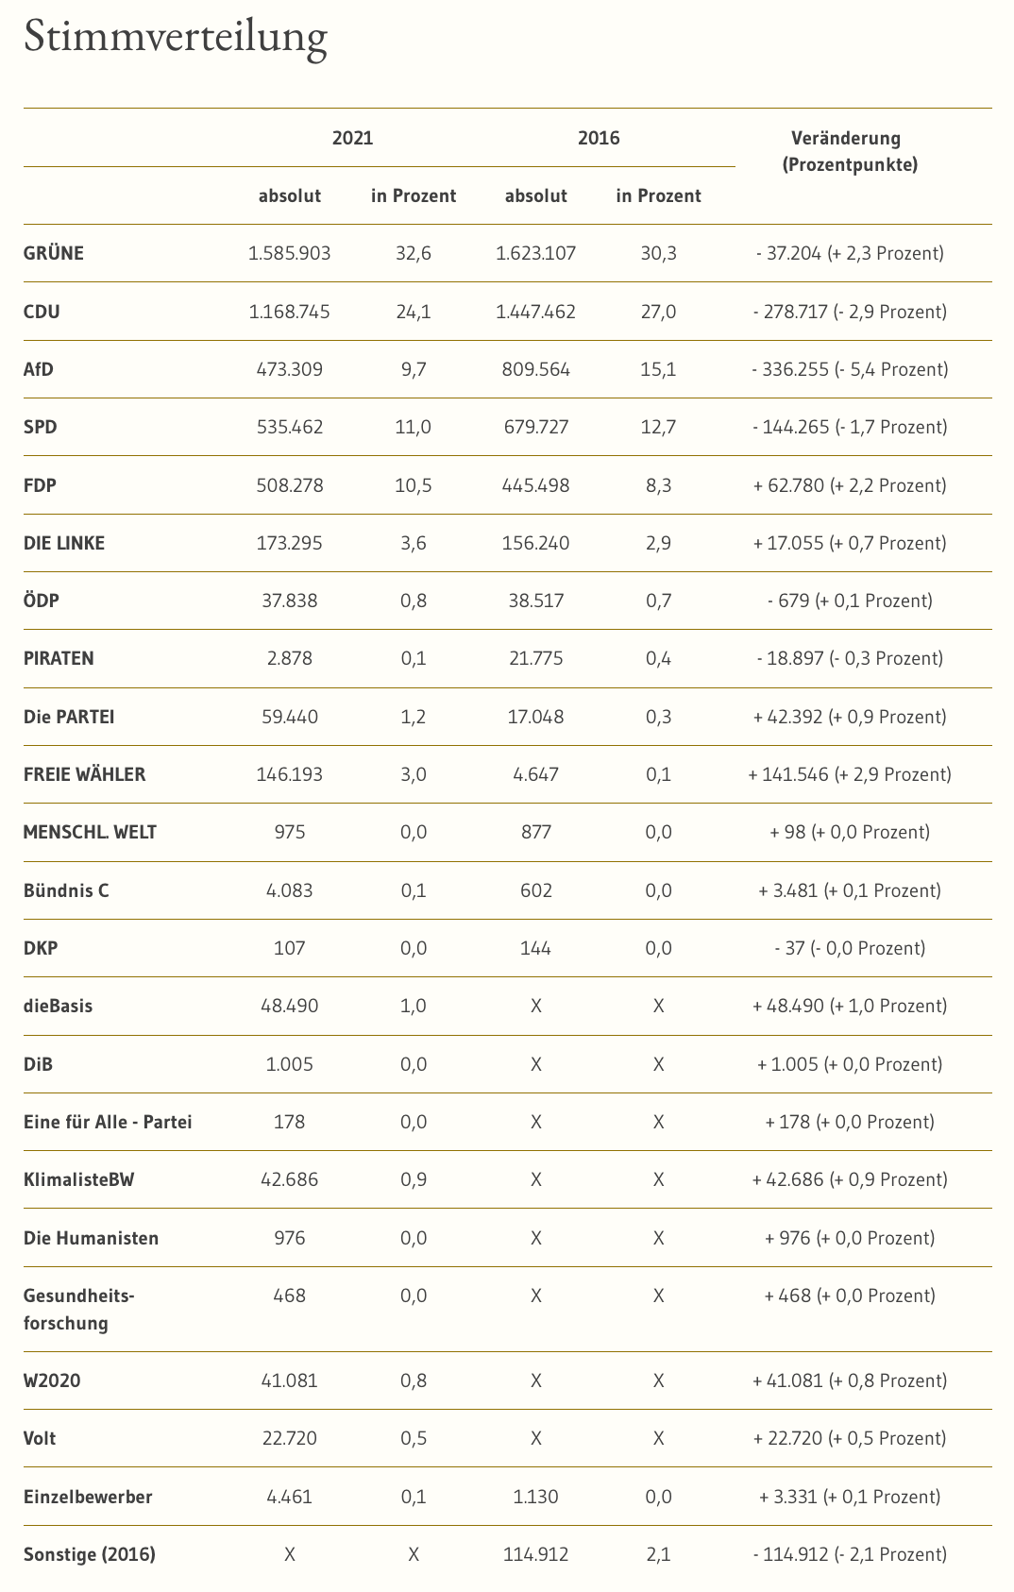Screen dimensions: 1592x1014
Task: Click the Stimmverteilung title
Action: [x=176, y=38]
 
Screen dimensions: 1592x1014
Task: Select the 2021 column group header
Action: [x=352, y=138]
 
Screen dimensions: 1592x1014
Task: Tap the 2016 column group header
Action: [x=599, y=138]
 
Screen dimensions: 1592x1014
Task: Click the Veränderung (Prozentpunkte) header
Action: [x=850, y=151]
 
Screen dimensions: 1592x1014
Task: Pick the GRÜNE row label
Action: [x=54, y=253]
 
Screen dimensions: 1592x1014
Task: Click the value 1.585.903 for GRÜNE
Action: [x=290, y=253]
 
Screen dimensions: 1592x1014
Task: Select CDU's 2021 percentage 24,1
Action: [x=414, y=312]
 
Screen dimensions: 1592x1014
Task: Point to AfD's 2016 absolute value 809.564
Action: [x=536, y=369]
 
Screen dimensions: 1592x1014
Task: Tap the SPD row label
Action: [x=41, y=427]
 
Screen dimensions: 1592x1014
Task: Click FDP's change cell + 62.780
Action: [x=850, y=485]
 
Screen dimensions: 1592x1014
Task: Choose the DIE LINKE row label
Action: [x=64, y=543]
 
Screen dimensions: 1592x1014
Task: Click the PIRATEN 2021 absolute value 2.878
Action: [x=290, y=658]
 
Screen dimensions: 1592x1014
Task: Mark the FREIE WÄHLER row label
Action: [x=85, y=774]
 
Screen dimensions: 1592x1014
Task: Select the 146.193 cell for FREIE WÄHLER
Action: [x=290, y=774]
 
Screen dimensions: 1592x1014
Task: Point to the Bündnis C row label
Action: [x=66, y=890]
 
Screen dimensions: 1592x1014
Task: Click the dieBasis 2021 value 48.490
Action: [x=290, y=1006]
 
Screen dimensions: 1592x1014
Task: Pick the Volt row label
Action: [x=40, y=1438]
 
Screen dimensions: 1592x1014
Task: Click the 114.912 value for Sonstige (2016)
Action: [x=536, y=1554]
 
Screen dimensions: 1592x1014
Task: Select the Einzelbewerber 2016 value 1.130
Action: [x=536, y=1497]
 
